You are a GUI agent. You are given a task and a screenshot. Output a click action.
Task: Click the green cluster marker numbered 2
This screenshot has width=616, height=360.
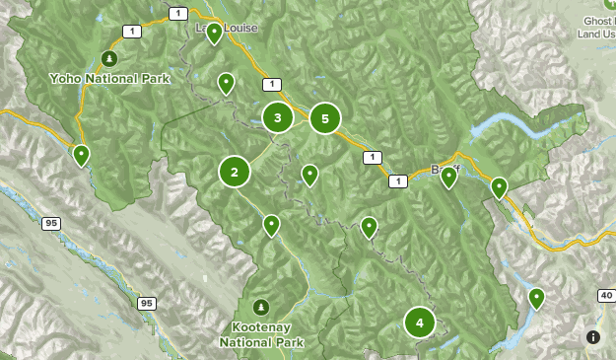(235, 173)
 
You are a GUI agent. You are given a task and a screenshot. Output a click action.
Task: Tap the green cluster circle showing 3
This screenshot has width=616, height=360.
(278, 118)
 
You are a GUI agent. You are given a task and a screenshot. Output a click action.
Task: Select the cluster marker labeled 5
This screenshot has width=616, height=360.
(324, 118)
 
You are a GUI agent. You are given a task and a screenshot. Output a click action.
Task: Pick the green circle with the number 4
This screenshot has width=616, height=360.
(420, 322)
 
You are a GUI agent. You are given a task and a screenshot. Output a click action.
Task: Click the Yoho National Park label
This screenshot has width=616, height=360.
(109, 78)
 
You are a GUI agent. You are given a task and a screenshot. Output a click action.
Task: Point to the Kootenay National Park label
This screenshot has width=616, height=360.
(261, 333)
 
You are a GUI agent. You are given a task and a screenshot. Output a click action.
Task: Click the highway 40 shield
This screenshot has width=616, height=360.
(605, 295)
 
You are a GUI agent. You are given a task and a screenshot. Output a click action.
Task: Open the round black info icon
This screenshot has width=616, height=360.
(592, 336)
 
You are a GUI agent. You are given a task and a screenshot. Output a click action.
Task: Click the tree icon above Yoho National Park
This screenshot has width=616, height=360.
(109, 57)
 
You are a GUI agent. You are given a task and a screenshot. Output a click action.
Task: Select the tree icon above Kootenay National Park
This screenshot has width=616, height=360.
(261, 305)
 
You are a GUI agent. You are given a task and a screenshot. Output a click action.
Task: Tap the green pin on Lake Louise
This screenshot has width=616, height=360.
(214, 33)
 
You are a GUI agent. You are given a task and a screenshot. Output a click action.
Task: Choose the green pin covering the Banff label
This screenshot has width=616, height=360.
(448, 177)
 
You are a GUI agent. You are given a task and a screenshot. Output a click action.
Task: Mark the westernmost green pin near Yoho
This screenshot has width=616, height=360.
(81, 153)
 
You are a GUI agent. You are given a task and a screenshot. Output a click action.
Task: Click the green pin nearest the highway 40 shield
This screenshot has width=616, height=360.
(536, 296)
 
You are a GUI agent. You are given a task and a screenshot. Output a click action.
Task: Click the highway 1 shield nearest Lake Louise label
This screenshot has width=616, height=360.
(177, 13)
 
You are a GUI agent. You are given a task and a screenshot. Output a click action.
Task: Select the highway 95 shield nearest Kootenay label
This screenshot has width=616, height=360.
(147, 303)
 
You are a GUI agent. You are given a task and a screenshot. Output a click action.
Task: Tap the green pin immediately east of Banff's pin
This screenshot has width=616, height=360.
(499, 186)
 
